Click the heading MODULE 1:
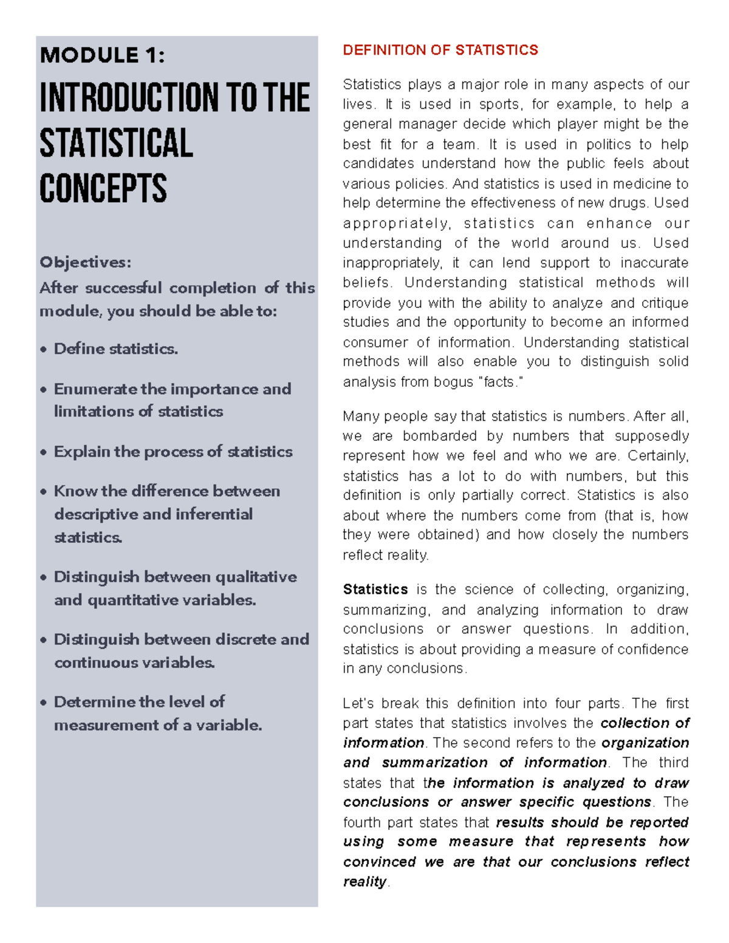102,55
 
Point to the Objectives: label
85,262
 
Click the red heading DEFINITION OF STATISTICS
440,50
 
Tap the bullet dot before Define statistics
43,350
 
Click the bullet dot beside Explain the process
43,452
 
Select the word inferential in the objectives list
214,514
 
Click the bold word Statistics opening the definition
375,590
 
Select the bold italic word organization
645,743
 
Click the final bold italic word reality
364,882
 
